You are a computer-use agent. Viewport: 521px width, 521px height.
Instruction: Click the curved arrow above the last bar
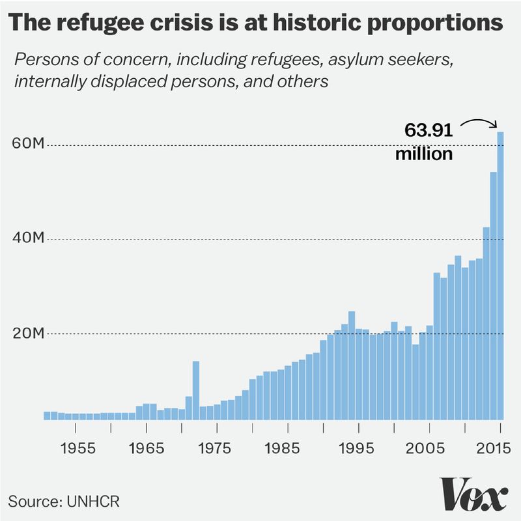pos(479,121)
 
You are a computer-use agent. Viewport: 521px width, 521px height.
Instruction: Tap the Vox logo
pos(473,496)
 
